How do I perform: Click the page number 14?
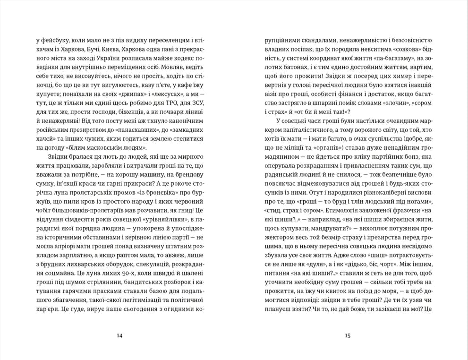click(x=119, y=336)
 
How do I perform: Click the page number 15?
click(x=348, y=336)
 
